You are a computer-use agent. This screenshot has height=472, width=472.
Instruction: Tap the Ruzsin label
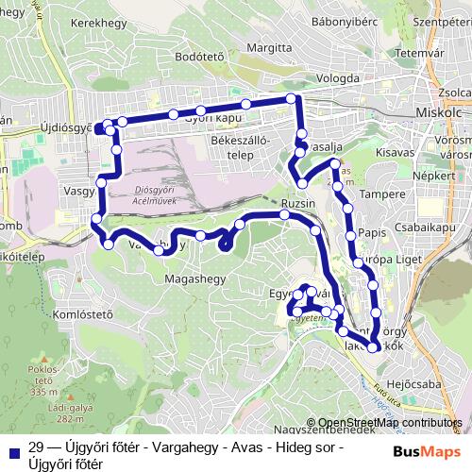[x=297, y=203]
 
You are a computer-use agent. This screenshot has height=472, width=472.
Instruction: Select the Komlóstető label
[x=83, y=313]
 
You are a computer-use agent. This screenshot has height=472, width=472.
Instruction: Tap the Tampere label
[x=382, y=194]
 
